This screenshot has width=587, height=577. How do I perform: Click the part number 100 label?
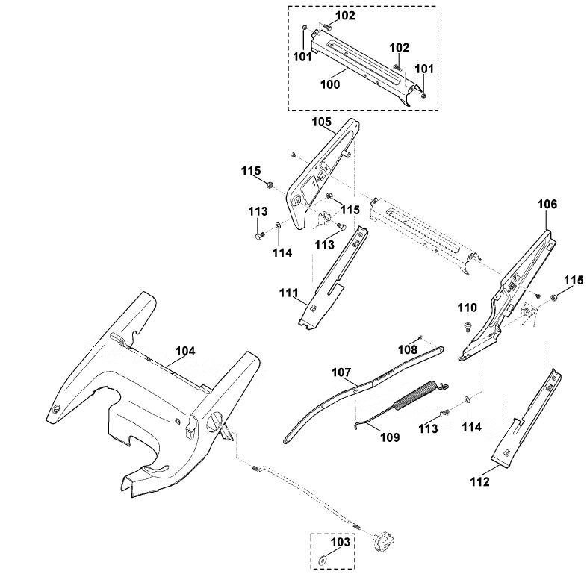(x=330, y=84)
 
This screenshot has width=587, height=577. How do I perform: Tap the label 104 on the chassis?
(x=186, y=351)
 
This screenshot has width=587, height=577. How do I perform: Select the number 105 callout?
(x=322, y=122)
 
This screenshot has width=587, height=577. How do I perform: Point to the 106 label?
(x=547, y=204)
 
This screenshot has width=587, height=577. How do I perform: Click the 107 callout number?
(x=341, y=372)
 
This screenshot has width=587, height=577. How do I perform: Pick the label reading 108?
(x=407, y=349)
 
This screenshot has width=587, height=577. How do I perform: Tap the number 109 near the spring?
(x=390, y=437)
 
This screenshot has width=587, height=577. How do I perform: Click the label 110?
(x=468, y=308)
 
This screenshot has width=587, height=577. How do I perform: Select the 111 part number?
(x=288, y=293)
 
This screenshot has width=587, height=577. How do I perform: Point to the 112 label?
(x=480, y=481)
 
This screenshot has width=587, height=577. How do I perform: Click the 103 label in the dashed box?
(x=341, y=542)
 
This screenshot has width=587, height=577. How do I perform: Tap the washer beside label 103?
(x=323, y=561)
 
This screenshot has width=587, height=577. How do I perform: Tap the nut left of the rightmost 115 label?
(x=555, y=297)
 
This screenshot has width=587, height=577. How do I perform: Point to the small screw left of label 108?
(x=421, y=337)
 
